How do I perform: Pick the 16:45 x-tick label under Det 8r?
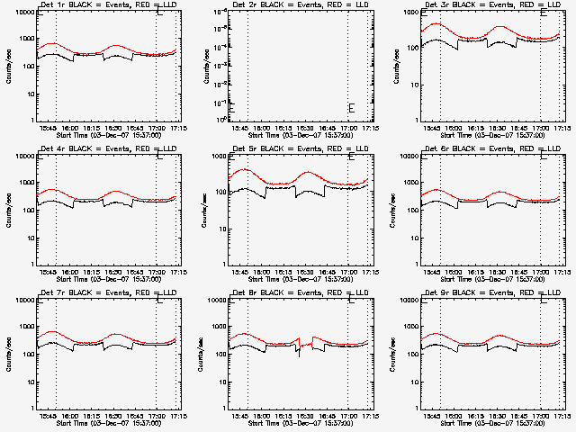pyautogui.click(x=326, y=416)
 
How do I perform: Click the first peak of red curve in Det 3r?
pyautogui.click(x=441, y=24)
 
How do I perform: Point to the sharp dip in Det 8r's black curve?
pyautogui.click(x=299, y=355)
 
